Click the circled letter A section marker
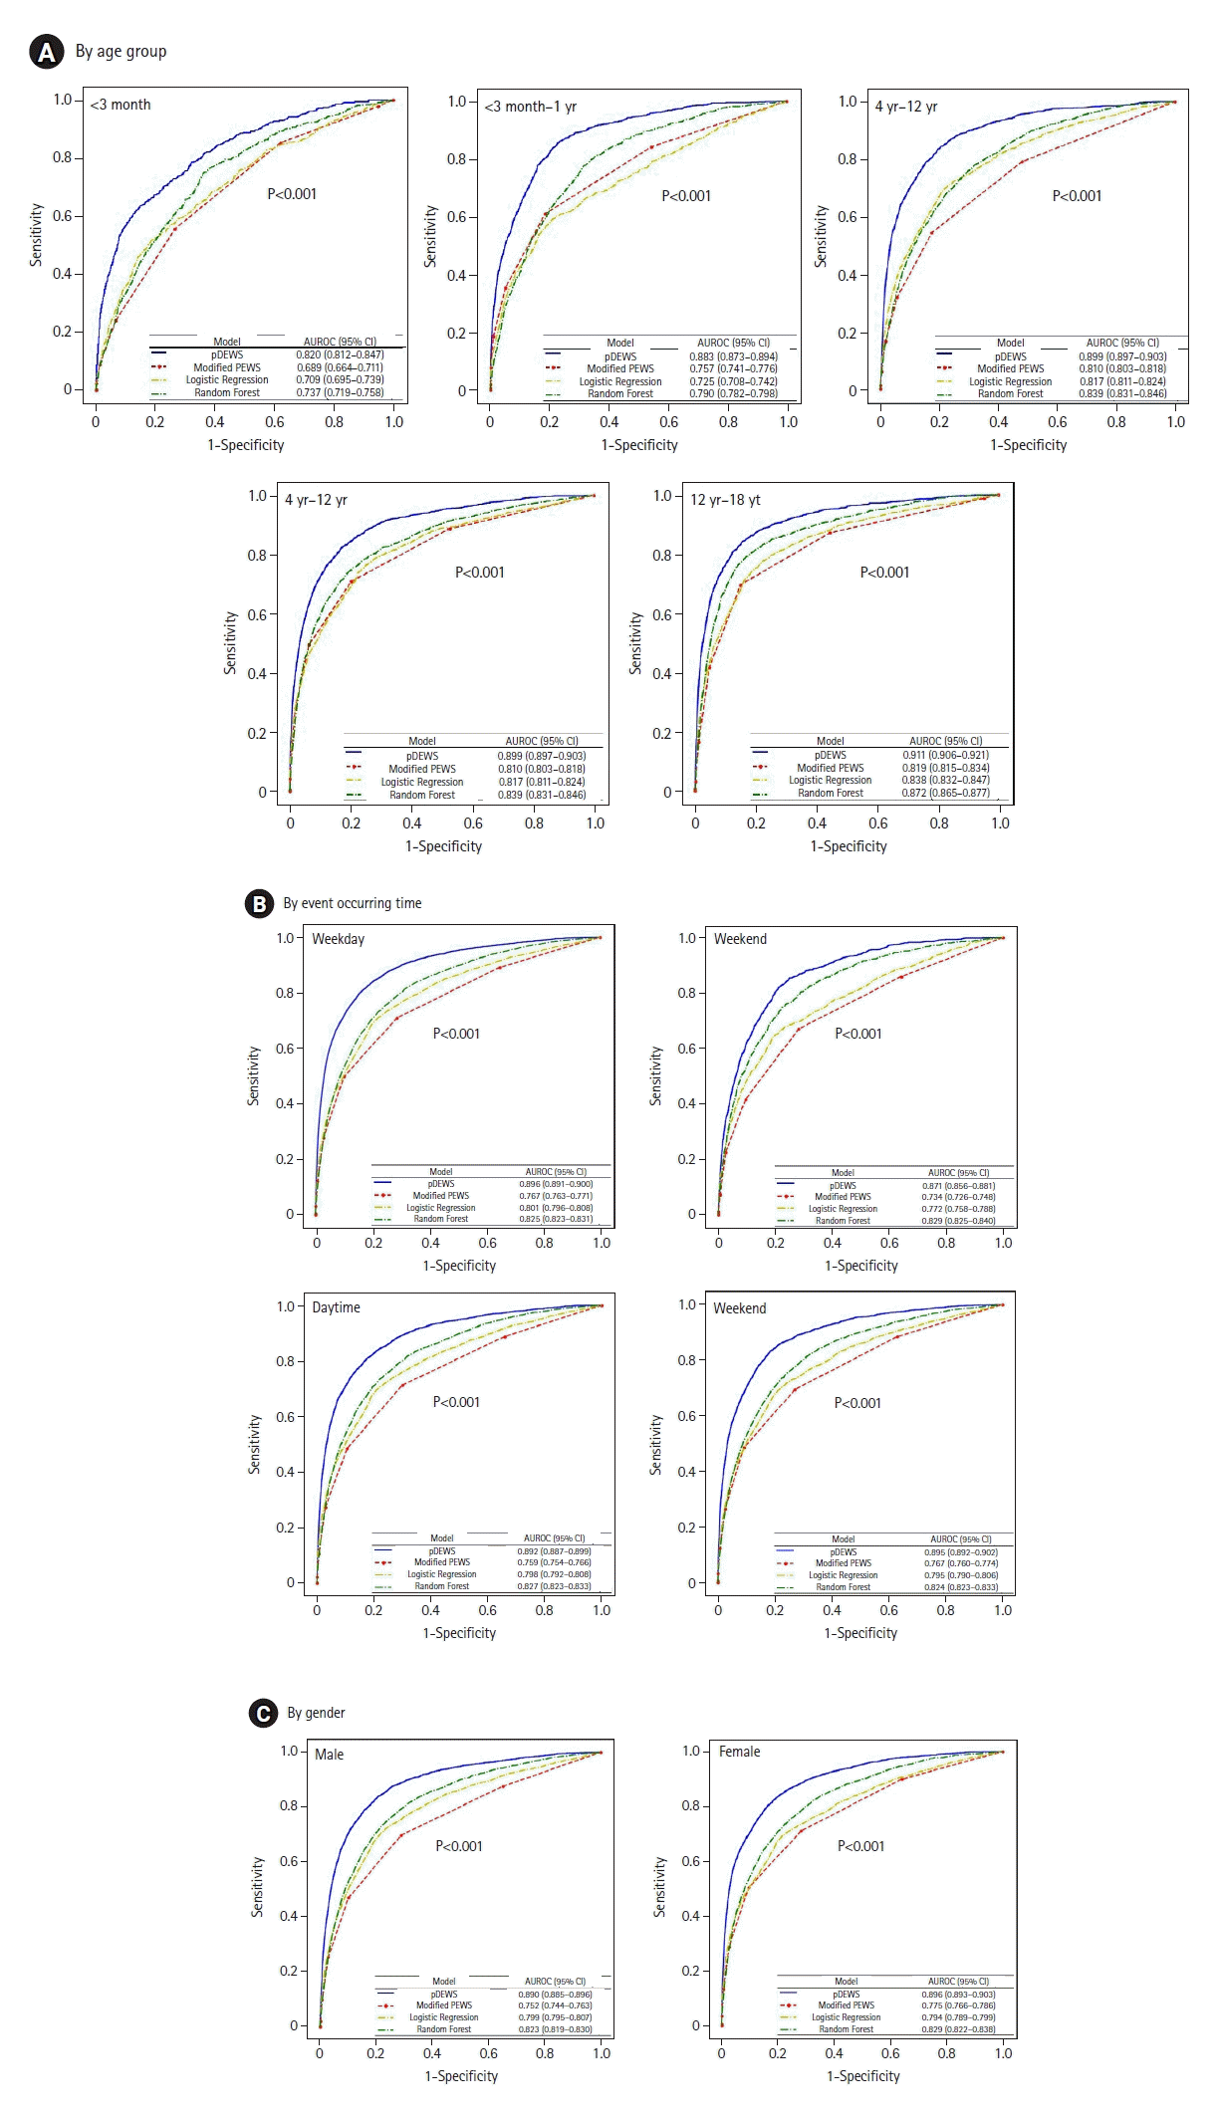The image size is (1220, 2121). (x=46, y=52)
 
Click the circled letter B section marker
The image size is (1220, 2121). (x=259, y=903)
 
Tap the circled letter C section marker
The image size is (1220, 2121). (x=263, y=1713)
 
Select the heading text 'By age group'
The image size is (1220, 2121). (x=121, y=52)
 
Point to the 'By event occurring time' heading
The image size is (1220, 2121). (x=352, y=903)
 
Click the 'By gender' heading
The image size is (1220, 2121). (x=316, y=1713)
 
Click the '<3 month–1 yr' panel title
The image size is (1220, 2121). (x=530, y=107)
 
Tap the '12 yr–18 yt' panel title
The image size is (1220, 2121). (x=725, y=500)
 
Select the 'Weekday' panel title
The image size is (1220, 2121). (x=338, y=939)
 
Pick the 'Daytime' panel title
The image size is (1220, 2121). (x=336, y=1307)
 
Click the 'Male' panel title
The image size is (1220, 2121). (x=329, y=1755)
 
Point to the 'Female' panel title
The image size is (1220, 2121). (x=739, y=1752)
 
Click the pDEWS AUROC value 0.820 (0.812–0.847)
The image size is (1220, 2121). (x=340, y=354)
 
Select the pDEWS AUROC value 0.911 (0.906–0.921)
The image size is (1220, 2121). (x=945, y=755)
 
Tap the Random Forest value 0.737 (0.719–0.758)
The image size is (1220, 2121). (x=340, y=392)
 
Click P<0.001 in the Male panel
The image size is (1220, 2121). (x=458, y=1846)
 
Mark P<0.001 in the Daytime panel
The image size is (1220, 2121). (x=456, y=1402)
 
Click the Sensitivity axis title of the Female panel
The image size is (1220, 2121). (x=659, y=1887)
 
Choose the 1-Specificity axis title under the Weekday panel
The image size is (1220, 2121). (x=459, y=1266)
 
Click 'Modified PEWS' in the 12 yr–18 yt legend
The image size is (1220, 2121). (x=830, y=768)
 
